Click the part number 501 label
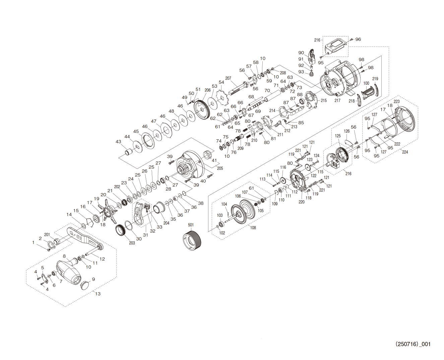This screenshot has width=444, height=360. tap(190, 225)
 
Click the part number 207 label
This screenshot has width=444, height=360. tap(228, 79)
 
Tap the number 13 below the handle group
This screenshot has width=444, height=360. tap(98, 294)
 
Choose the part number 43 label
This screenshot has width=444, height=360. tap(118, 142)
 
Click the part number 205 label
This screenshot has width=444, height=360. tap(220, 168)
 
